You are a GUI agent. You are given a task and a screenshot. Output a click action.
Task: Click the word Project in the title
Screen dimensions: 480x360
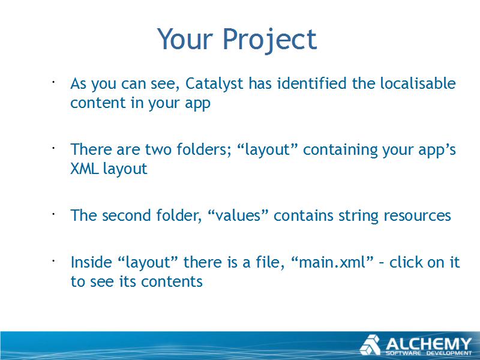coord(269,40)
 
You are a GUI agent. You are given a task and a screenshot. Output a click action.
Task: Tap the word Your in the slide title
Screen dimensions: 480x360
coord(185,38)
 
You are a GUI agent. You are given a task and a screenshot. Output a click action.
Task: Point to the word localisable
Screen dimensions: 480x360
coord(418,83)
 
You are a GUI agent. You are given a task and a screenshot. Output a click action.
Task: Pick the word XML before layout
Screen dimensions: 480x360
coord(85,169)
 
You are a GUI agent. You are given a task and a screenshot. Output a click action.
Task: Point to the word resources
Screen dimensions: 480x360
coord(417,215)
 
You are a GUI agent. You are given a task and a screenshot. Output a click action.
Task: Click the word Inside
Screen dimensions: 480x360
coord(91,262)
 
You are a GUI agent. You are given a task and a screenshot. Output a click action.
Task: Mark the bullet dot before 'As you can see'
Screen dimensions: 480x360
coord(53,82)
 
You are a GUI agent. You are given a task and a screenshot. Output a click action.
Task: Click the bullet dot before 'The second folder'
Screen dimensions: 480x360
coord(53,214)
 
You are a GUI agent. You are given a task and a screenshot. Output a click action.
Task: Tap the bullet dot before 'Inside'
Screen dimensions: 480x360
coord(53,261)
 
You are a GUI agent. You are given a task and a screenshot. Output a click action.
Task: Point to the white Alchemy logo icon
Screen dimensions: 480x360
coord(370,345)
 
